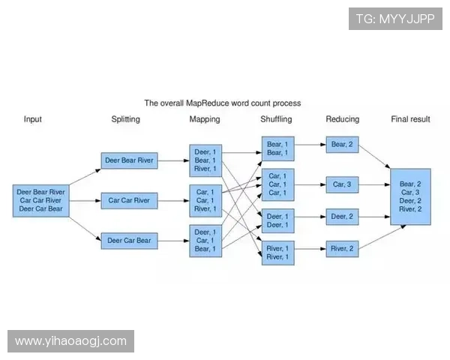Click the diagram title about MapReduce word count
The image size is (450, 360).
coord(223,103)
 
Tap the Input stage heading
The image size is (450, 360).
coord(33,119)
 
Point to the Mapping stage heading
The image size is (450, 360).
coord(205,119)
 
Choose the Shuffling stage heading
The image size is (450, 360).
coord(276,119)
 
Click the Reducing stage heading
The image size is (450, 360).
coord(342,119)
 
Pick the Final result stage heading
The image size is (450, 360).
coord(410,119)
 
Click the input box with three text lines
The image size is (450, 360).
coord(41,200)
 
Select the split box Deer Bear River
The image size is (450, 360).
coord(129,160)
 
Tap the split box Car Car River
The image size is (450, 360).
coord(129,200)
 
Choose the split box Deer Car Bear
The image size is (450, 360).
coord(129,241)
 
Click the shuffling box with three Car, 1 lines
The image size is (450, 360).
coord(278,184)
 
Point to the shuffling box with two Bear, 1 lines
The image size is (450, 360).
coord(278,148)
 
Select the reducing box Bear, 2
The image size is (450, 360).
coord(342,145)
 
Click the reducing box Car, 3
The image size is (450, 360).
coord(342,184)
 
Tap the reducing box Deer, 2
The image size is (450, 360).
coord(342,217)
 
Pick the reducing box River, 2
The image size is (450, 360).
coord(342,248)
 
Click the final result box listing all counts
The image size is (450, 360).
coord(410,196)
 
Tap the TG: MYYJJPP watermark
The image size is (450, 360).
coord(395,19)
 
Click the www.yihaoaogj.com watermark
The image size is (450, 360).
coord(71,341)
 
